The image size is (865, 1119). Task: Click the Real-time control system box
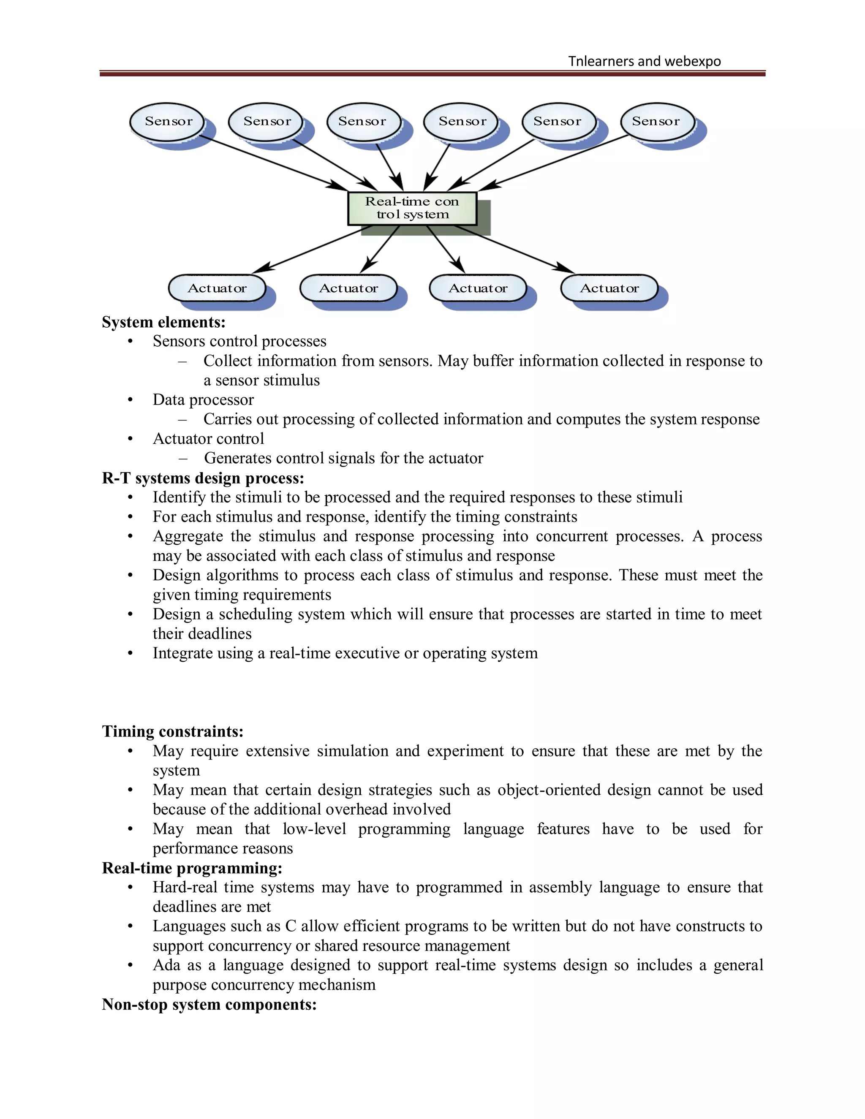(x=412, y=208)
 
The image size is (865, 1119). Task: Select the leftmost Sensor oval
(x=168, y=122)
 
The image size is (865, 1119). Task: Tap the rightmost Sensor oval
(x=656, y=122)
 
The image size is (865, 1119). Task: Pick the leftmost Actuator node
(x=217, y=288)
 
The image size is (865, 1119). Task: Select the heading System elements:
(x=163, y=322)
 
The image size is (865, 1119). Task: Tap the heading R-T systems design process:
(x=203, y=478)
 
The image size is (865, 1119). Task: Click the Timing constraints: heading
(x=173, y=731)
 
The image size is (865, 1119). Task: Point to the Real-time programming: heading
(x=192, y=868)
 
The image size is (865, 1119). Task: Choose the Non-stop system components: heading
(x=209, y=1004)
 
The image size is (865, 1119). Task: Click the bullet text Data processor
(x=203, y=399)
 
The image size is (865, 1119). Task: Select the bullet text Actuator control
(x=208, y=439)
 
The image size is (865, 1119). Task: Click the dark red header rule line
(x=432, y=74)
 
